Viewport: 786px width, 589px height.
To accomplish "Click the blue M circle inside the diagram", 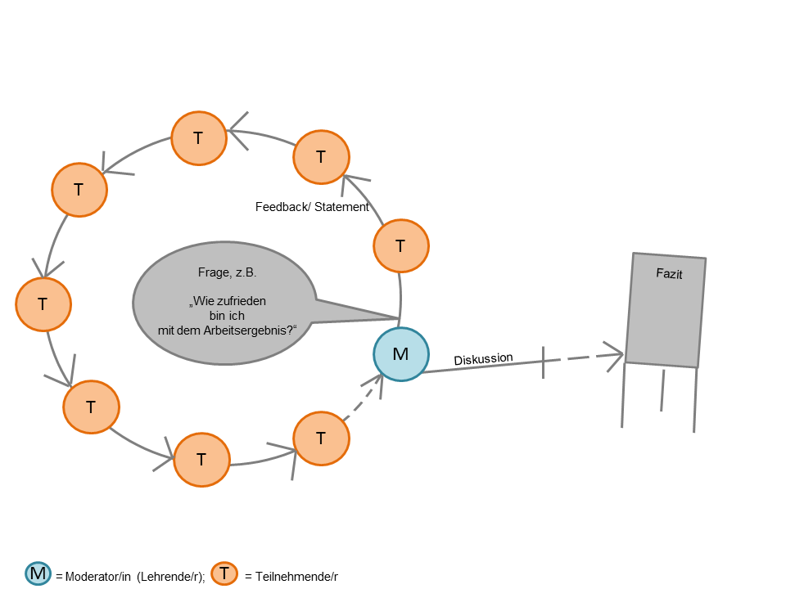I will pos(401,355).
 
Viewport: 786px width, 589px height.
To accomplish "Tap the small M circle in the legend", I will pos(38,574).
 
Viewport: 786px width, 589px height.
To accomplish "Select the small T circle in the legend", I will pos(224,574).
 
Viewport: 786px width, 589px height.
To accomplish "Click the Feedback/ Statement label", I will pos(312,207).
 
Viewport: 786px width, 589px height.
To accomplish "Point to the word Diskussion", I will pos(483,359).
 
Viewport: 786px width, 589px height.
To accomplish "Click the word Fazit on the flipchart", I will pos(669,275).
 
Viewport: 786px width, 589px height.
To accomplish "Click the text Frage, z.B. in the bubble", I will pos(221,272).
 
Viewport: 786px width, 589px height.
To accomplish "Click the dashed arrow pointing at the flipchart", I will pos(585,357).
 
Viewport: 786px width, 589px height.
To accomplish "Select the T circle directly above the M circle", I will pos(401,246).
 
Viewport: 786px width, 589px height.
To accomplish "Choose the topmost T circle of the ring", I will pos(199,138).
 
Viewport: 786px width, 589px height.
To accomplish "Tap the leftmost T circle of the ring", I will pos(43,304).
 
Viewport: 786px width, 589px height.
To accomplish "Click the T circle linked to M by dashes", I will pos(322,438).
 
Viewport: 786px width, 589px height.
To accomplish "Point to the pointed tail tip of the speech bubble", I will pos(397,317).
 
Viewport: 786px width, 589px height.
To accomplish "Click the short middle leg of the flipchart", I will pos(662,390).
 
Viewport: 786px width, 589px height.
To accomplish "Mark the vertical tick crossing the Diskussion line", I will pos(544,362).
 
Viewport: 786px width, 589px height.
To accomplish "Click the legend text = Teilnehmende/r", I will pos(291,577).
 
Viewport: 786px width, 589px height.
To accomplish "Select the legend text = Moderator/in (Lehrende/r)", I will pos(129,577).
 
